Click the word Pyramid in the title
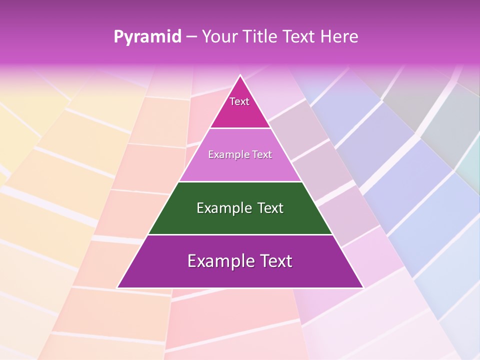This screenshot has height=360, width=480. pyautogui.click(x=147, y=37)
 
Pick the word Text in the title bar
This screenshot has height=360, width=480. pyautogui.click(x=300, y=36)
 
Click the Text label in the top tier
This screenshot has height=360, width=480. pyautogui.click(x=239, y=101)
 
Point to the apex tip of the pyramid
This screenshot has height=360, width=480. pyautogui.click(x=240, y=75)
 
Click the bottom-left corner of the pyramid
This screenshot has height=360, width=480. pyautogui.click(x=118, y=287)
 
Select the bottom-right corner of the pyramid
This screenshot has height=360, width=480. pyautogui.click(x=362, y=287)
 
